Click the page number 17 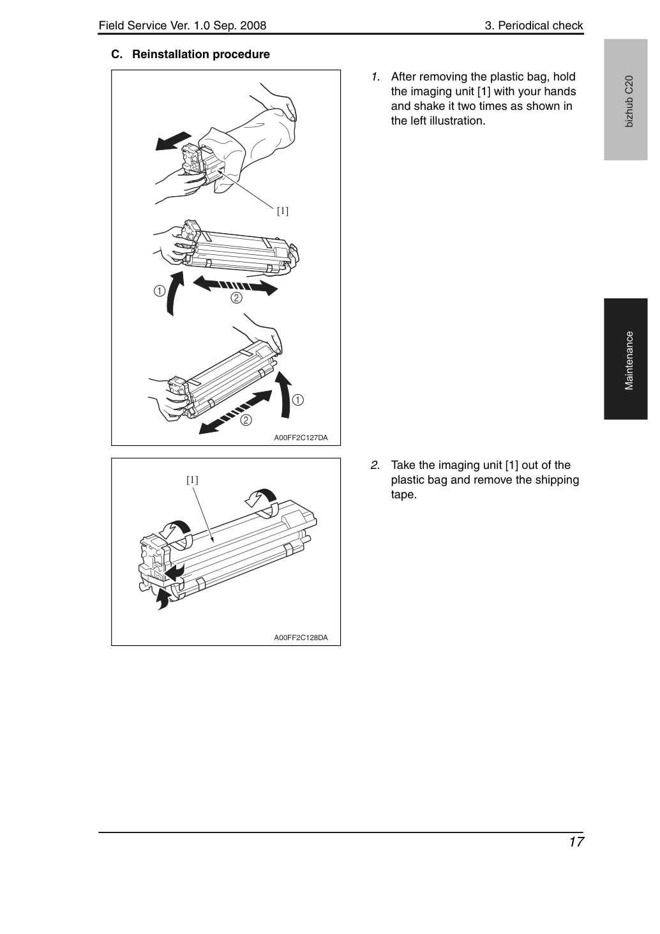576,842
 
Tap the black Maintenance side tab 626,358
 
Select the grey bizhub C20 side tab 626,100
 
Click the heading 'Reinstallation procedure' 201,55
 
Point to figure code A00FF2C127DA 301,438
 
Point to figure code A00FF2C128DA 301,638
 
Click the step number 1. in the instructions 375,77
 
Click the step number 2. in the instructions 375,465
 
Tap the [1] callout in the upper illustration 283,211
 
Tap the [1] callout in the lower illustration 192,480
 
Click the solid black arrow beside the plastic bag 173,141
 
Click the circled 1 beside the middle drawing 159,291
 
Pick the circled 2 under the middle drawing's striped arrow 236,298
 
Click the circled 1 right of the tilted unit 297,400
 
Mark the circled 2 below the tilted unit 246,420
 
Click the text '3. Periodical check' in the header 534,26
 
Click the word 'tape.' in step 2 404,495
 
